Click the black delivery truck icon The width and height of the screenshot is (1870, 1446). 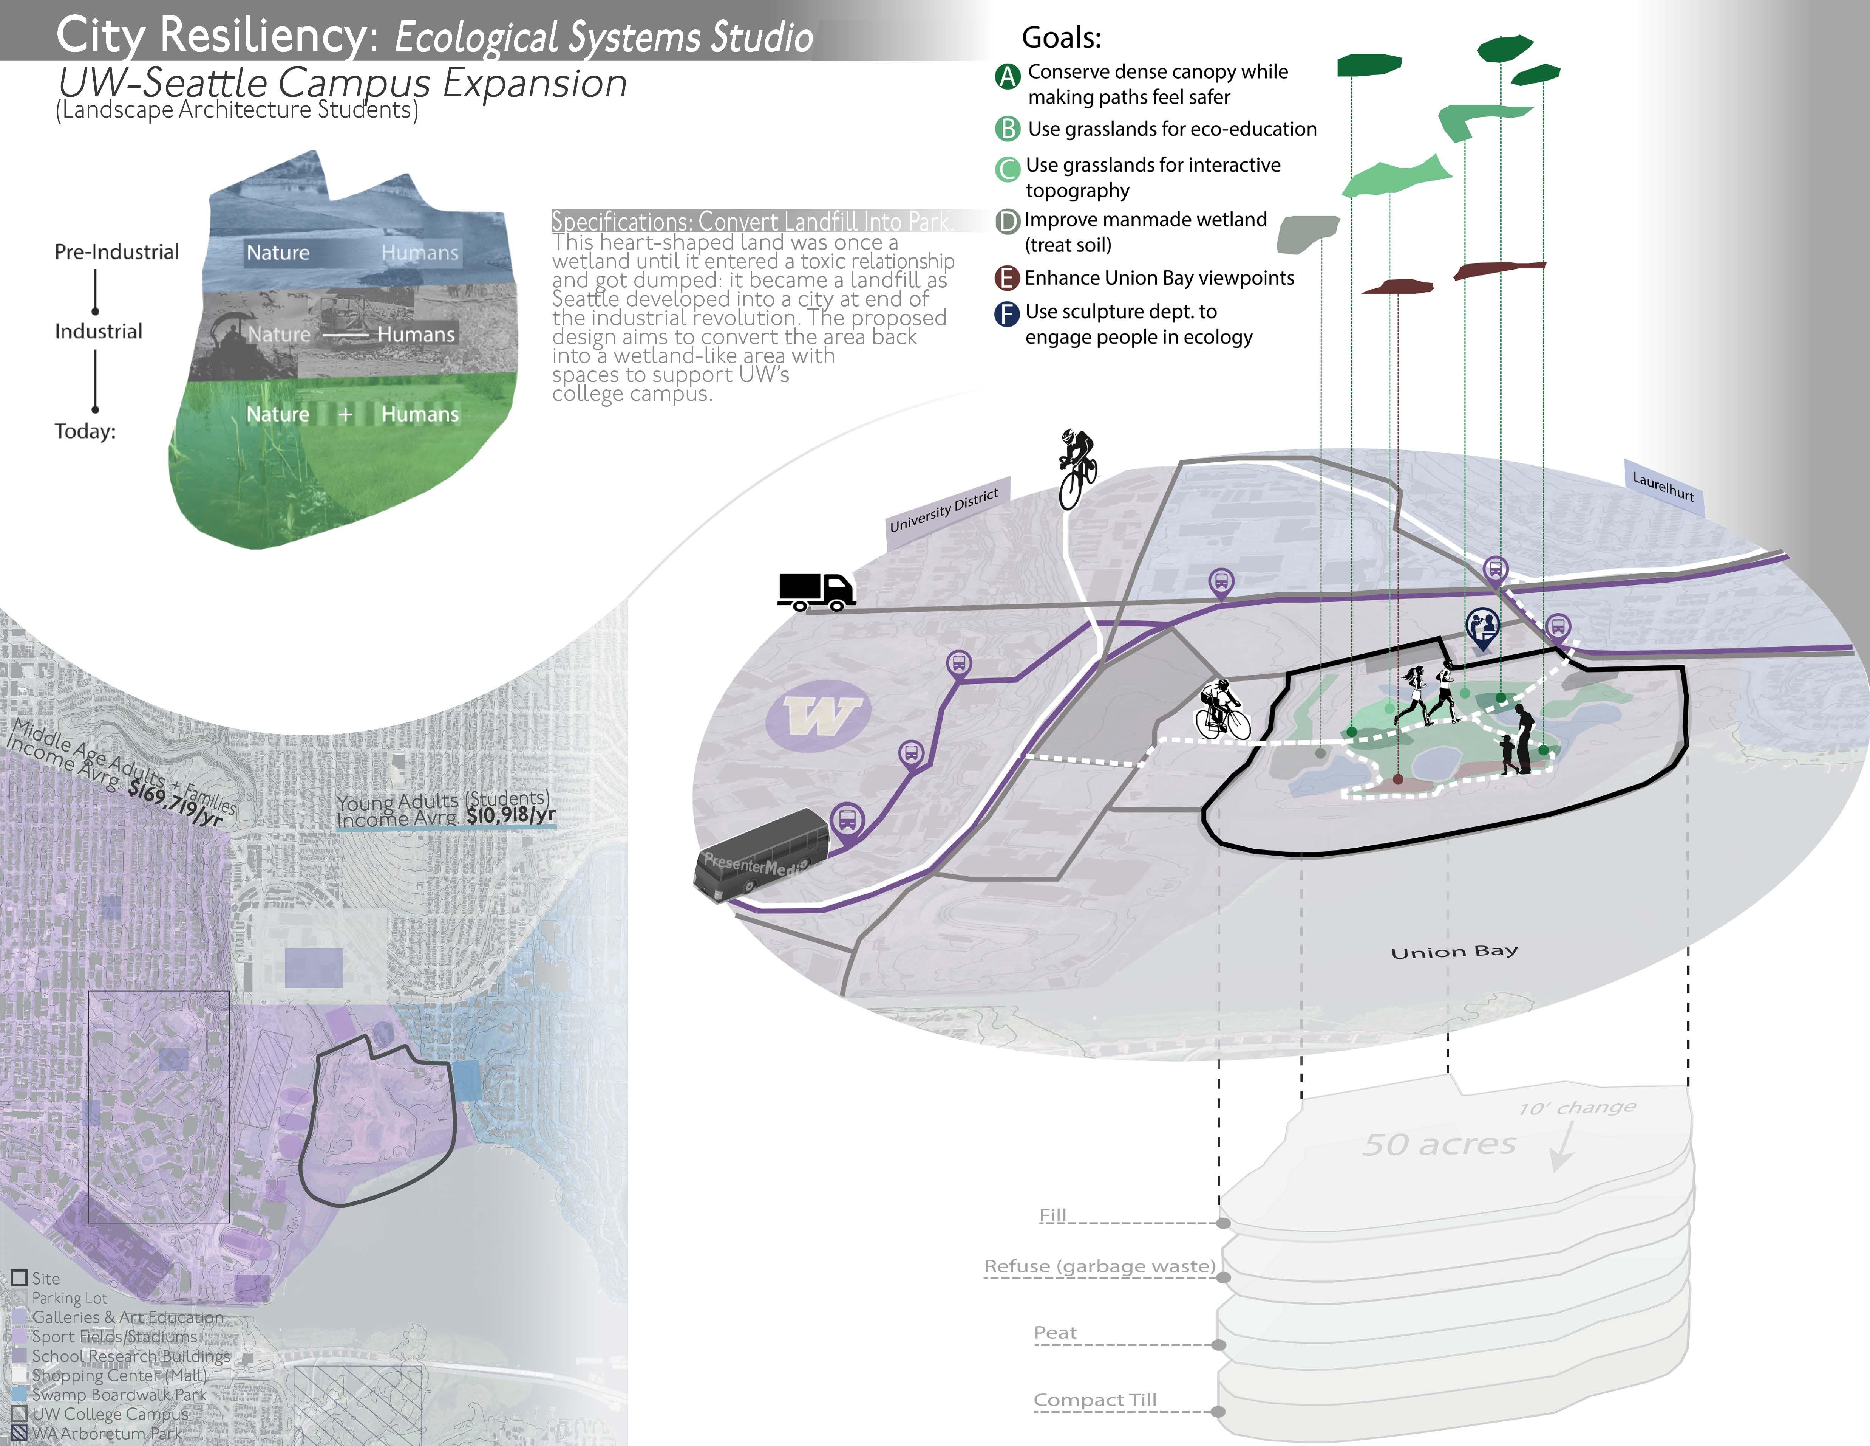(x=816, y=591)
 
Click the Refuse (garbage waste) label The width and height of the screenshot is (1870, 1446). (x=1099, y=1266)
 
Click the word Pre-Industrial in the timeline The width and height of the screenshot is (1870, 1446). (x=116, y=252)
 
